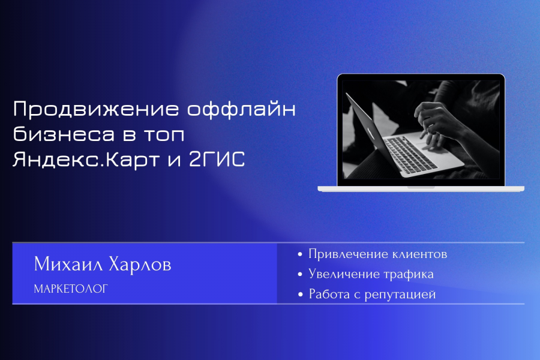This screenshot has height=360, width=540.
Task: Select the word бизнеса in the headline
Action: pos(64,134)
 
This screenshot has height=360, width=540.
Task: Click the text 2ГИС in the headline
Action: pos(217,159)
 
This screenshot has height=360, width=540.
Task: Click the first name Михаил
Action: pos(68,264)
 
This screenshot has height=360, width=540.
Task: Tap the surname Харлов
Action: pos(140,264)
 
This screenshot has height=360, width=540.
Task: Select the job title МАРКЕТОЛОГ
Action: pos(71,289)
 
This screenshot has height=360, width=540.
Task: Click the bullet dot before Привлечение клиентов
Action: pos(300,254)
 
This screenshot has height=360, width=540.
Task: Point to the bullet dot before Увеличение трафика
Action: pos(300,274)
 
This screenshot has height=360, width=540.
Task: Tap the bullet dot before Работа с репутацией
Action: pos(301,295)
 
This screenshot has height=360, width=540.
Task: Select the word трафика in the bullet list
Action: pos(409,275)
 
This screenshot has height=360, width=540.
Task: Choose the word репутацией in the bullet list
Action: pos(400,295)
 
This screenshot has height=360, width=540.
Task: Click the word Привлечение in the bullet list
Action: pos(349,254)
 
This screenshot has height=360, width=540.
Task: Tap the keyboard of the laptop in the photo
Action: pos(409,154)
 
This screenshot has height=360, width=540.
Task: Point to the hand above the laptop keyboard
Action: pos(437,124)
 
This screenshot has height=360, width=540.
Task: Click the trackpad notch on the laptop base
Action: pos(421,187)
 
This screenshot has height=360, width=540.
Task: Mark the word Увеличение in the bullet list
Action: pos(344,274)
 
